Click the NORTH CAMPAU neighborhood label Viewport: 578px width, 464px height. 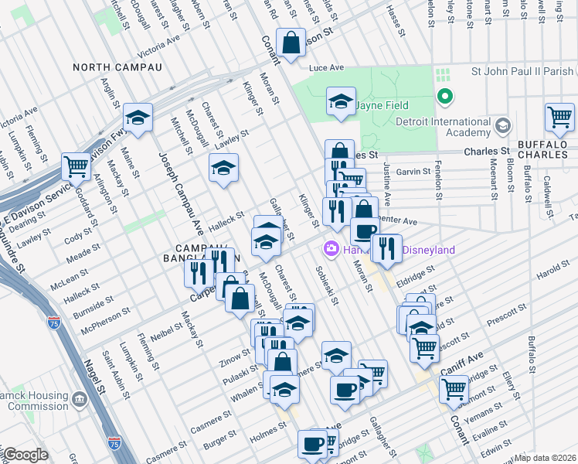[x=117, y=67]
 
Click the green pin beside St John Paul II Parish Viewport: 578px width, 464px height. [x=444, y=97]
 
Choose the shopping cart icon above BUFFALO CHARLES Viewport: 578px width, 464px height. [x=559, y=118]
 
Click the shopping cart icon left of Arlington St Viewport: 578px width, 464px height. [x=76, y=165]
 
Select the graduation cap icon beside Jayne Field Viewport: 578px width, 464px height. [x=340, y=101]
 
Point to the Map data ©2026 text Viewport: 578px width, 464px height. [x=546, y=458]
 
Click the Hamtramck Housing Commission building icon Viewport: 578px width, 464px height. [x=79, y=400]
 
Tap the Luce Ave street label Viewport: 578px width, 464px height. [x=325, y=68]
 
